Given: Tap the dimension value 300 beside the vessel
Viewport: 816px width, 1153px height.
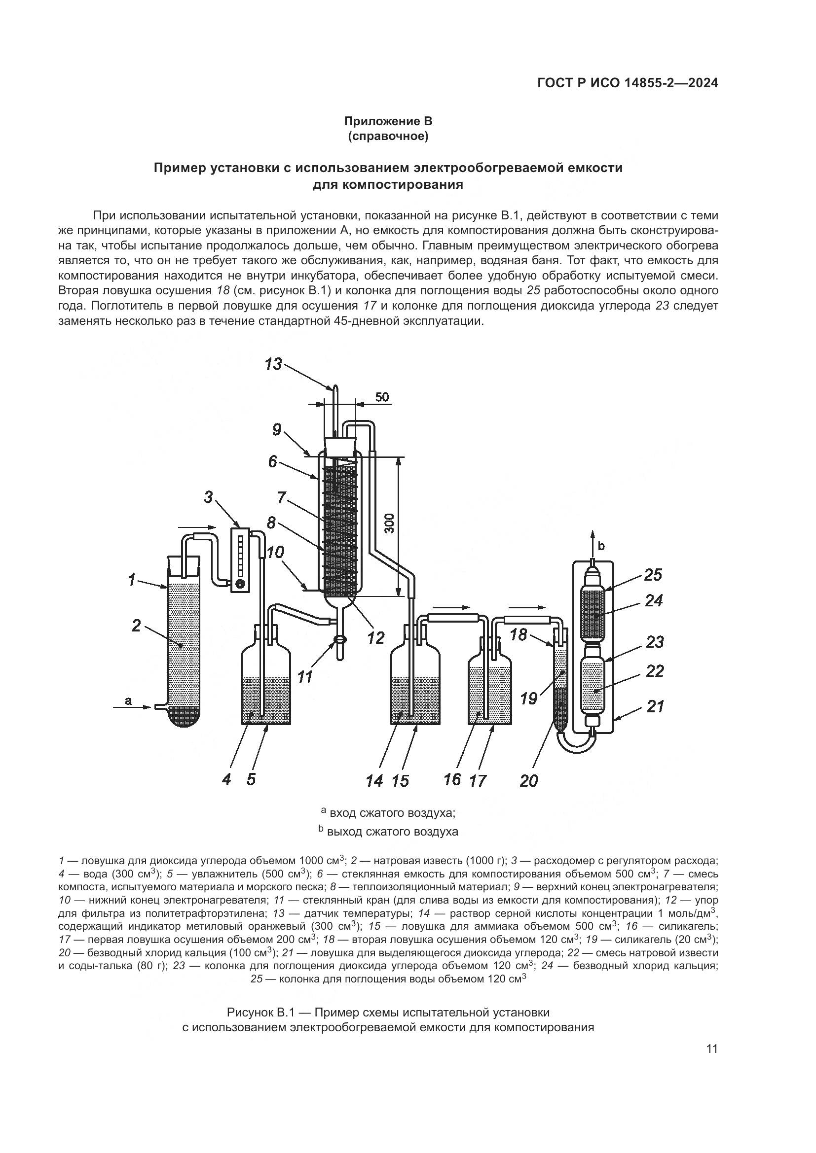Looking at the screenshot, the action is pyautogui.click(x=392, y=524).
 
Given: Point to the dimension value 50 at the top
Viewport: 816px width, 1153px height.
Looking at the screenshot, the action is pyautogui.click(x=382, y=397).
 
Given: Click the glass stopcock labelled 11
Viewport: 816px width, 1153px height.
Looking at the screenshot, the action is pyautogui.click(x=339, y=640).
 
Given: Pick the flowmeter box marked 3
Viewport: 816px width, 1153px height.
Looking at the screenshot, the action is pyautogui.click(x=241, y=559).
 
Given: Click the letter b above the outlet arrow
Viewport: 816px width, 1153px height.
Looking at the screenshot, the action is pyautogui.click(x=601, y=545).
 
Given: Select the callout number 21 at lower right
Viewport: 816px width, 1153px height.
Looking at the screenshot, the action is pyautogui.click(x=655, y=707).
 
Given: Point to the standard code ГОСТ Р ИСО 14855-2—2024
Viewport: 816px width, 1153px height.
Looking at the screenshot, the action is pyautogui.click(x=628, y=83).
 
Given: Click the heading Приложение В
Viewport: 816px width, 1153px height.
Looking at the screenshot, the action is pyautogui.click(x=388, y=121).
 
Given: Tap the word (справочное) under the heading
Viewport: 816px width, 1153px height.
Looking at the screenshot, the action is pyautogui.click(x=388, y=136).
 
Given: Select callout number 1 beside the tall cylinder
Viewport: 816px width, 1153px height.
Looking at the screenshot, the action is pyautogui.click(x=132, y=581).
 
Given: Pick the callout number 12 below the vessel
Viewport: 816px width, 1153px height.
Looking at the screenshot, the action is pyautogui.click(x=375, y=638).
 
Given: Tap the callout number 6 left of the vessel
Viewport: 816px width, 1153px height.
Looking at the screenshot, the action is pyautogui.click(x=273, y=461).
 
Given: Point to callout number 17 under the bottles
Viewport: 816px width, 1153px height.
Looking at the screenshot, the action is pyautogui.click(x=478, y=780).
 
